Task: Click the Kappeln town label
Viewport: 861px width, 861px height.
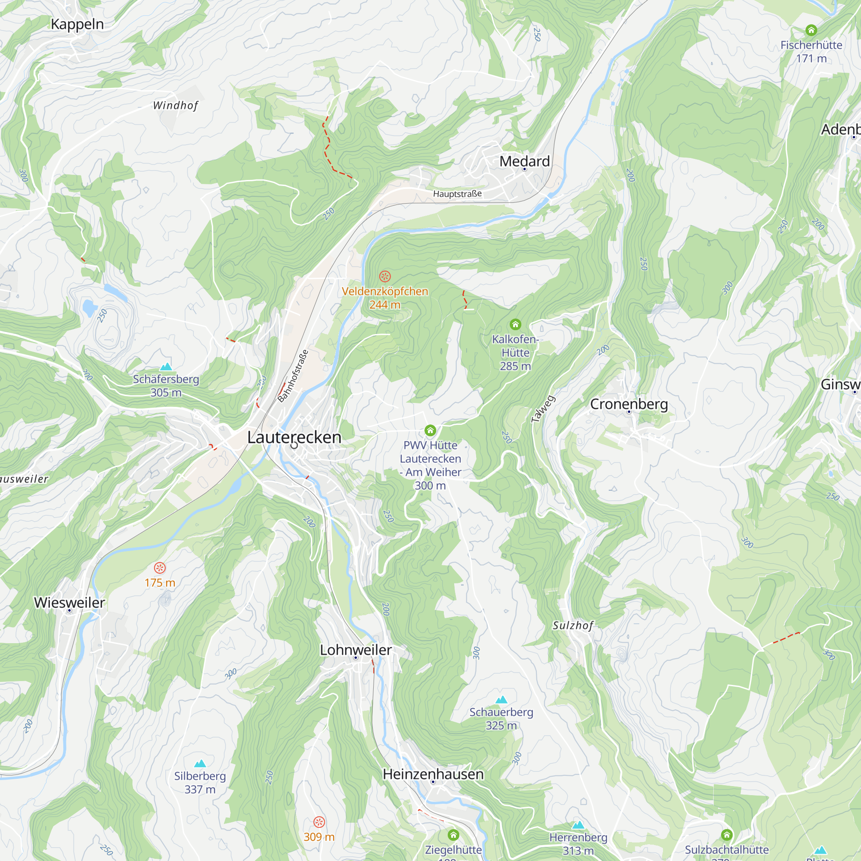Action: click(77, 25)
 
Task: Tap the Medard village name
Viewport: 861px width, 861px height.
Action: click(524, 161)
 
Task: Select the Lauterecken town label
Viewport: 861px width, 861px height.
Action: click(294, 437)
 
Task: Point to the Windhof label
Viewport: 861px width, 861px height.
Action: click(175, 105)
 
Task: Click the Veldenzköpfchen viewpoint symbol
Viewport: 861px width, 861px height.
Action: click(384, 276)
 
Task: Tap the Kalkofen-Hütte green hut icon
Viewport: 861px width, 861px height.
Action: click(515, 324)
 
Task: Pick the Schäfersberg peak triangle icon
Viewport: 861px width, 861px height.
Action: click(166, 367)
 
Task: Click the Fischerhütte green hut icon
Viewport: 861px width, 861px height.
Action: click(811, 30)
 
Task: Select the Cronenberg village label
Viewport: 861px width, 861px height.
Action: click(629, 404)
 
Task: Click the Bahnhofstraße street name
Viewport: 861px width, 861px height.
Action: click(293, 376)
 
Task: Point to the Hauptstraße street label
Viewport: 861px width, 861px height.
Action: click(457, 194)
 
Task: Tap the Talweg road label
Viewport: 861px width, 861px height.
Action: click(543, 409)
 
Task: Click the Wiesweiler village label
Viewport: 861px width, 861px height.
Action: click(69, 603)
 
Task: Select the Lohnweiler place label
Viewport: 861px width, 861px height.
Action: click(356, 650)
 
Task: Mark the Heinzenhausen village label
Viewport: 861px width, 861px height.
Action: click(433, 774)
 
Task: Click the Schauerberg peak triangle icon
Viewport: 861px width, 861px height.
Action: click(501, 699)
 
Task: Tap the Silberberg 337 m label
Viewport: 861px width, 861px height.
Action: click(200, 783)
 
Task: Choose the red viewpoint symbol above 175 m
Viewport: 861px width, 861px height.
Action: click(160, 568)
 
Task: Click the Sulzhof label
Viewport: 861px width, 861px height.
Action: click(573, 626)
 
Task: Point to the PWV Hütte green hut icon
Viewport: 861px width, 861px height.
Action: click(430, 430)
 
